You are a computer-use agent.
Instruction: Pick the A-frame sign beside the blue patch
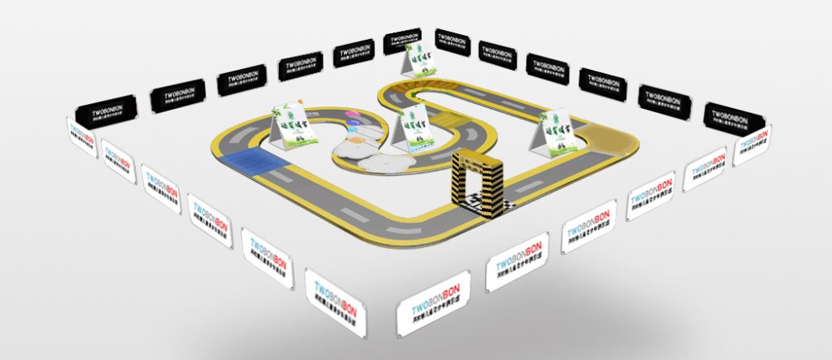pos(290,128)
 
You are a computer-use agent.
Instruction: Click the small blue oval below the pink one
pos(353,125)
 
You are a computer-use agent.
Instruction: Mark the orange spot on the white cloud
pos(357,139)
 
